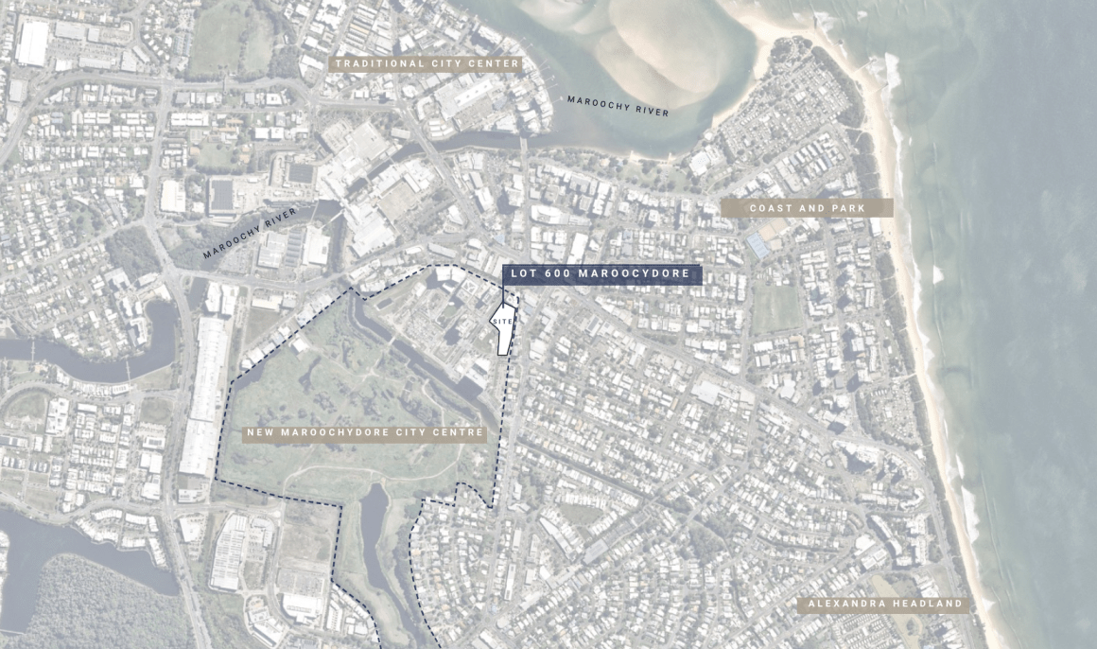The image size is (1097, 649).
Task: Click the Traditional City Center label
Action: click(x=426, y=64)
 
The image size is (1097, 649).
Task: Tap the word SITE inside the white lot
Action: click(x=502, y=323)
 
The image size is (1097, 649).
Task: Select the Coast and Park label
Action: click(x=807, y=208)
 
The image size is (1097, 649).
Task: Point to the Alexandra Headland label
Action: click(x=884, y=604)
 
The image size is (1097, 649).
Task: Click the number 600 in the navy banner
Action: click(x=555, y=274)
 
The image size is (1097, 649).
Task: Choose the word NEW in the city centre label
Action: click(x=262, y=433)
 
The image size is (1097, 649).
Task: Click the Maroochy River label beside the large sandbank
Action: click(x=618, y=106)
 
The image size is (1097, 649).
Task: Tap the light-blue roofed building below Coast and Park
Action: click(x=758, y=246)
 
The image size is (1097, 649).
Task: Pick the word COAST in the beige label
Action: click(x=770, y=208)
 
